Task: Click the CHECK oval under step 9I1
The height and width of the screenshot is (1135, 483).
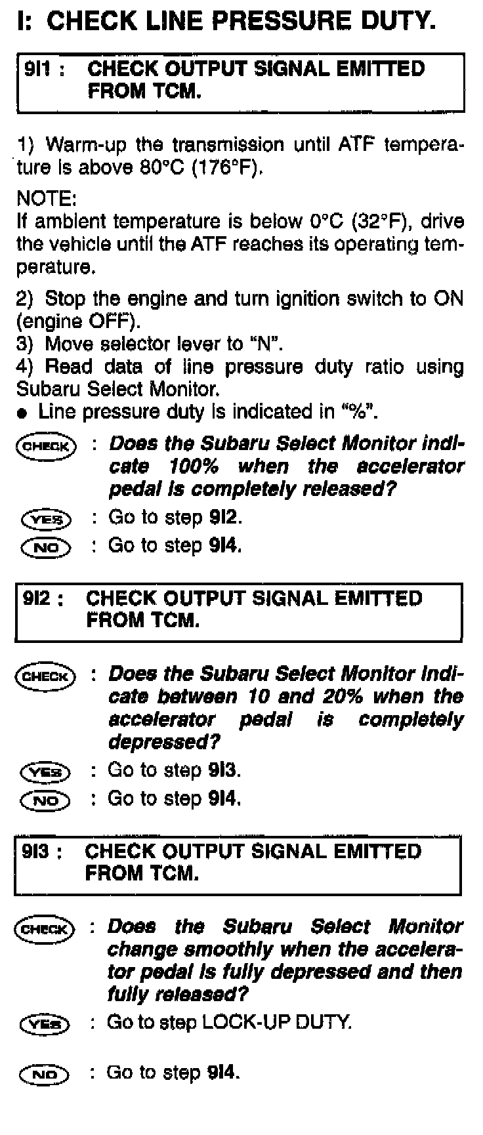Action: point(46,447)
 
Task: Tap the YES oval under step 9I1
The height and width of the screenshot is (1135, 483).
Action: point(46,520)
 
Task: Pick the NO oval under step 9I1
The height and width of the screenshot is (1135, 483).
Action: point(46,547)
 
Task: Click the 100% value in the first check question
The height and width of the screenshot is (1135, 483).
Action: point(194,466)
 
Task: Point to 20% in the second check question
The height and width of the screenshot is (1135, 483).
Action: point(344,697)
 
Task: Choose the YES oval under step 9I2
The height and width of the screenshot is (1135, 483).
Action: point(45,772)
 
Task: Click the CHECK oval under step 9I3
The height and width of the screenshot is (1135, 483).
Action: point(45,929)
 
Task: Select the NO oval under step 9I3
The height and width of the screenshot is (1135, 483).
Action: point(45,1074)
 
